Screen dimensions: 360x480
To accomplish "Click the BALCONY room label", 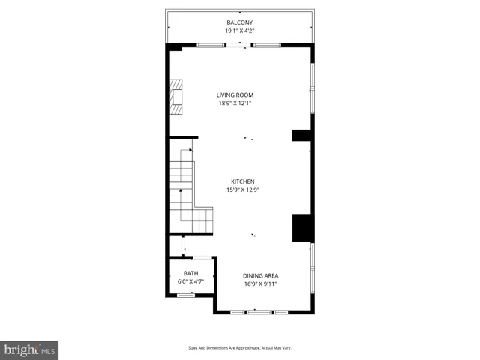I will pos(240,22).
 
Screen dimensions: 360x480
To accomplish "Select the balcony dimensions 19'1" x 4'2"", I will pos(240,31).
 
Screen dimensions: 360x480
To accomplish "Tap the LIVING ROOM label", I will pos(235,94).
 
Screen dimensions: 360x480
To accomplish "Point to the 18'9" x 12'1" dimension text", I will pos(235,103).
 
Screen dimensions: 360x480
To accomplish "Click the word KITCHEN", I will pos(242,181).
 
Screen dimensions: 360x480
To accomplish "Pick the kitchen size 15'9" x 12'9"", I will pos(242,190).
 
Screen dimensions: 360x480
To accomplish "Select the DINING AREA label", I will pos(260,275).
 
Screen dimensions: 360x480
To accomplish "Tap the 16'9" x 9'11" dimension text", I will pos(260,284).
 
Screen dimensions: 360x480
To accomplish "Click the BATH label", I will pos(190,273).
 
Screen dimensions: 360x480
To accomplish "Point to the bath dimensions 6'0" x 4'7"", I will pos(190,282).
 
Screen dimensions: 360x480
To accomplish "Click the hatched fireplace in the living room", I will pos(177,97).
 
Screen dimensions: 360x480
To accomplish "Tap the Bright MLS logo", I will pos(29,350).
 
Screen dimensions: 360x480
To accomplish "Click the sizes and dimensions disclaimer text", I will pos(239,348).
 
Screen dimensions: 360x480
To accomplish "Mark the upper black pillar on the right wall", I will pos(302,136).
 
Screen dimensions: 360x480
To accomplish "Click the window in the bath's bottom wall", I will pos(185,295).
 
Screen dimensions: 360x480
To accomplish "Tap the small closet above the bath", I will pos(175,246).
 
